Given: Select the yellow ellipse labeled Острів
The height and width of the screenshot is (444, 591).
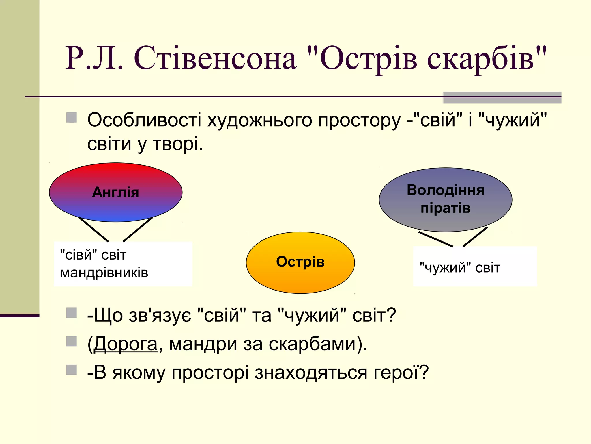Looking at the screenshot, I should click(300, 275).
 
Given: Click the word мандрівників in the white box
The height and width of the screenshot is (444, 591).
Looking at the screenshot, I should click(104, 273).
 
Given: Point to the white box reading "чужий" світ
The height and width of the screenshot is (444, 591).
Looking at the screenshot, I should click(475, 267).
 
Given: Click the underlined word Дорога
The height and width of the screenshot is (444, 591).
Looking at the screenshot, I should click(126, 344).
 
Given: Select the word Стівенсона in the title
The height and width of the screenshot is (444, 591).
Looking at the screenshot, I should click(215, 58).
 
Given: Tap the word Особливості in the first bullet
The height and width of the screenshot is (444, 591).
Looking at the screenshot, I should click(144, 120).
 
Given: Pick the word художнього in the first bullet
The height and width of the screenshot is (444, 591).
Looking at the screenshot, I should click(260, 120).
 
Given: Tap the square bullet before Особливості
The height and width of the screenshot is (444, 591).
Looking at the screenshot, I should click(72, 118).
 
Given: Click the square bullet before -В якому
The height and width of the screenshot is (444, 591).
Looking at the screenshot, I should click(72, 370).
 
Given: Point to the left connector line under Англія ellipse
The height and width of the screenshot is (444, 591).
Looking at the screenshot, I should click(93, 229).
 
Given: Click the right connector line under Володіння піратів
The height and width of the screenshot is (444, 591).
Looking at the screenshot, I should click(475, 237).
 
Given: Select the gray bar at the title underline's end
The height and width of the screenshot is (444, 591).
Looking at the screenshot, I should click(502, 98).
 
